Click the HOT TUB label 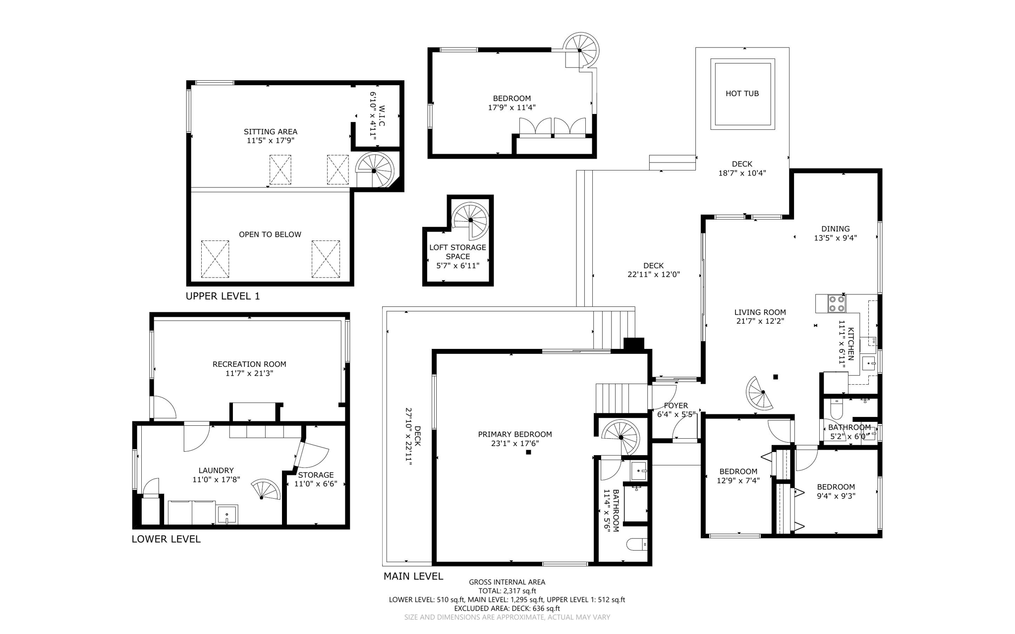[x=742, y=94]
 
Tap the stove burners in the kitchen [x=837, y=303]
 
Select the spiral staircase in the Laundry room [x=266, y=491]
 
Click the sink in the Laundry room [x=227, y=515]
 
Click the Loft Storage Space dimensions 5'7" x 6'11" [x=457, y=266]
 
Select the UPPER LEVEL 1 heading [x=223, y=296]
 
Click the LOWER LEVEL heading [x=166, y=539]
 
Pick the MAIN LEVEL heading [x=413, y=576]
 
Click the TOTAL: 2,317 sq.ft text [x=507, y=591]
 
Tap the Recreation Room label [x=249, y=364]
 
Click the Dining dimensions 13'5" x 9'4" [x=835, y=238]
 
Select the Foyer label [x=676, y=405]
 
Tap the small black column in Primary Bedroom [x=529, y=452]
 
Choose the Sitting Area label [x=270, y=132]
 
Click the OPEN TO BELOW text [x=270, y=234]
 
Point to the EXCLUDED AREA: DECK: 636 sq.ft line [x=507, y=608]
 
